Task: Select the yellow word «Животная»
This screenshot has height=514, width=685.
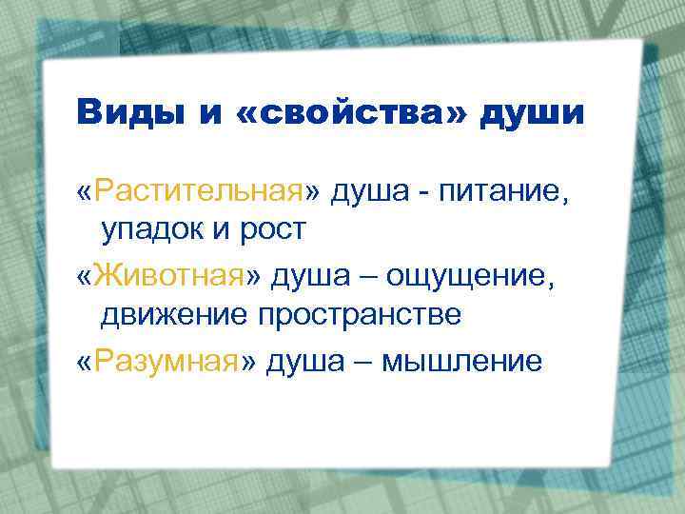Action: (175, 277)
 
